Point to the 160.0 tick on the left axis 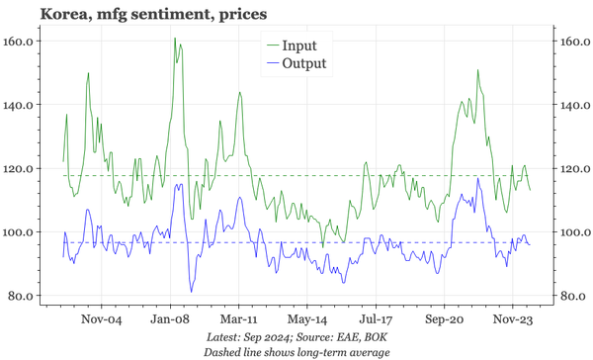click(21, 42)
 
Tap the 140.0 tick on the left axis click(21, 105)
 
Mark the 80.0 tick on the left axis click(24, 296)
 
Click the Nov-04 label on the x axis click(101, 320)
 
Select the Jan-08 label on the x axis click(170, 320)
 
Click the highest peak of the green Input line click(175, 39)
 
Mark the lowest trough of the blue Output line click(191, 291)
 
